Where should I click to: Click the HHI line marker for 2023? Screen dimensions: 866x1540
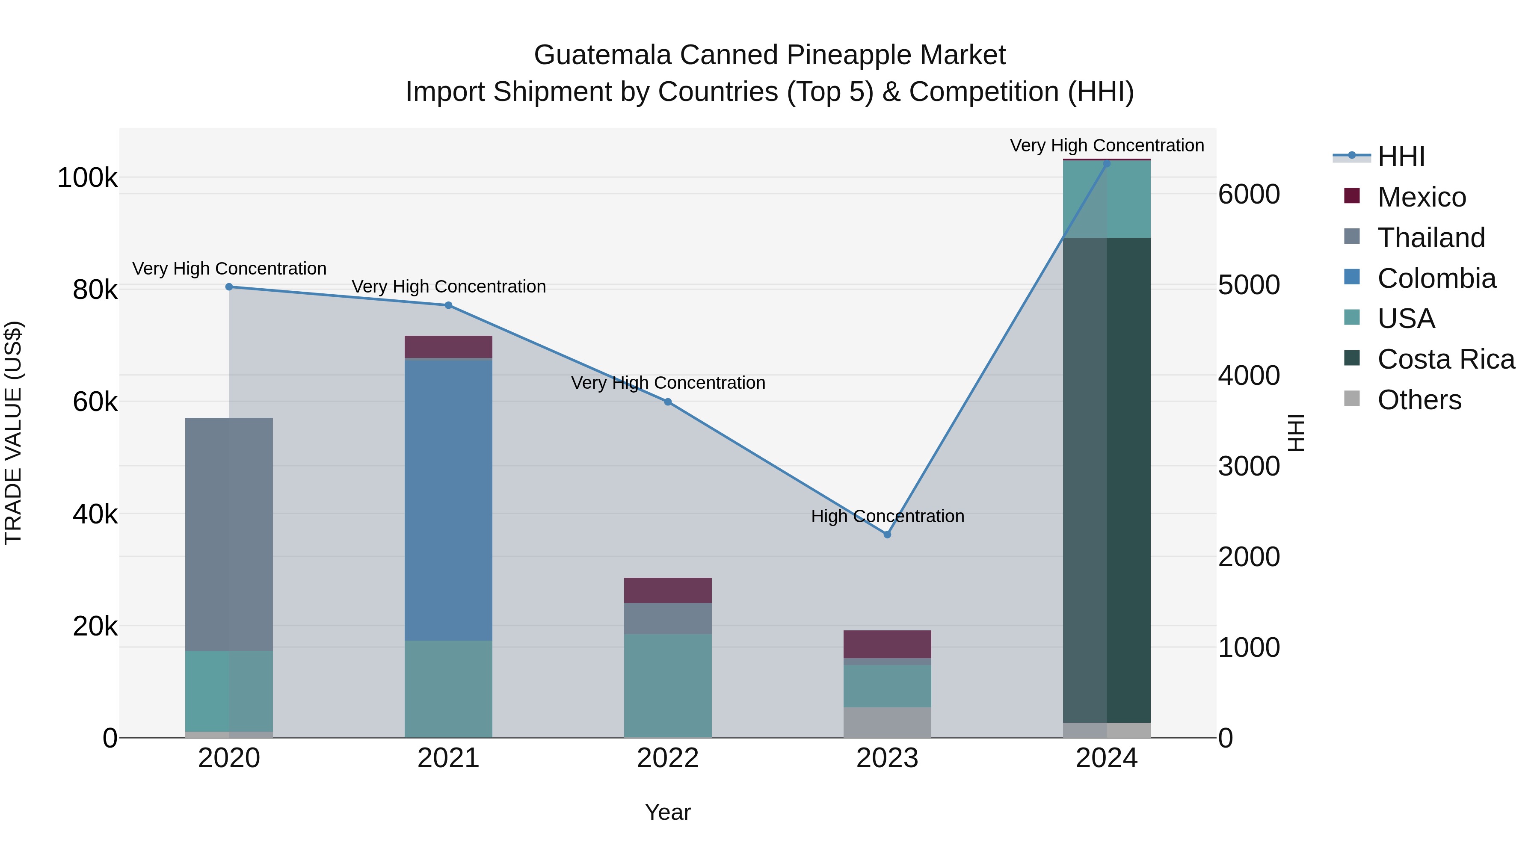coord(887,534)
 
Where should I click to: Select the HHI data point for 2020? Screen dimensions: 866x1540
coord(229,287)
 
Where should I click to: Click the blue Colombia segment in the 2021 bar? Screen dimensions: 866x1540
coord(448,500)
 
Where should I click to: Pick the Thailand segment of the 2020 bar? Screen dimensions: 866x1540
coord(229,534)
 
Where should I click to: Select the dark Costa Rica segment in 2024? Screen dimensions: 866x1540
coord(1107,480)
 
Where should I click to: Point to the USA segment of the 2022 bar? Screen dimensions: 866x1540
coord(668,686)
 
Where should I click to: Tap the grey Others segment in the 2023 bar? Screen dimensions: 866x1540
coord(887,723)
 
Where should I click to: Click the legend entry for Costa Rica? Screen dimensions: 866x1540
coord(1445,359)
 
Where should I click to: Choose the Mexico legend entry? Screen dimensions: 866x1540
coord(1421,197)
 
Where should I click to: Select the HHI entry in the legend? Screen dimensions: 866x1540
coord(1401,157)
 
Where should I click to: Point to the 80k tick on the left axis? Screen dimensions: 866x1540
coord(95,290)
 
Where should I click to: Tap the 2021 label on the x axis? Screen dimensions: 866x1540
coord(448,758)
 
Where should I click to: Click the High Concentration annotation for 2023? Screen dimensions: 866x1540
coord(887,516)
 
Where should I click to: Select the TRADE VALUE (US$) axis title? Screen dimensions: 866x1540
coord(13,433)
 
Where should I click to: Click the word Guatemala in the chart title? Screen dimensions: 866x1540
coord(603,55)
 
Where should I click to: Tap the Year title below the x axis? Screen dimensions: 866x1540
coord(668,812)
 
